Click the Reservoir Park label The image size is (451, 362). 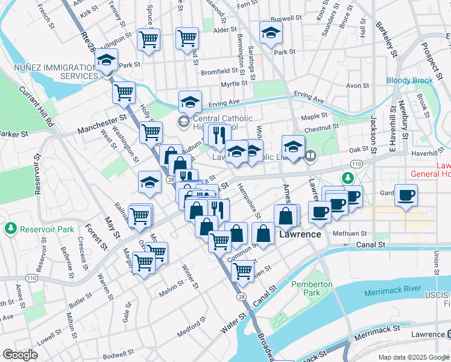[x=46, y=229]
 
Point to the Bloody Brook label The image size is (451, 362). [x=409, y=80]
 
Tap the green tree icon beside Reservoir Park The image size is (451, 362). [x=10, y=229]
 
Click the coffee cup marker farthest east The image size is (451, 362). [x=406, y=195]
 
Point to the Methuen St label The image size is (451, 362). [x=350, y=233]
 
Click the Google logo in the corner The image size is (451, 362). [x=20, y=355]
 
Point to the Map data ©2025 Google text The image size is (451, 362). [x=413, y=357]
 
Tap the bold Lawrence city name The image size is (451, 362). [x=300, y=233]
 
